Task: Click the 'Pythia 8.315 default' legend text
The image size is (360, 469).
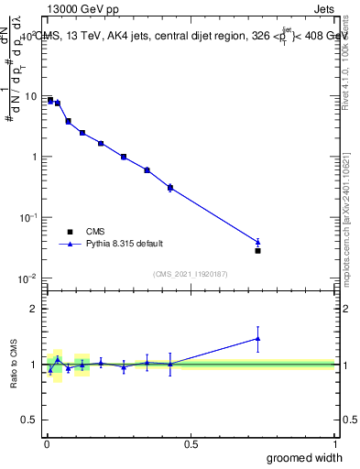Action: pyautogui.click(x=125, y=244)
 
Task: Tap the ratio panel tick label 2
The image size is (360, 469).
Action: pyautogui.click(x=35, y=309)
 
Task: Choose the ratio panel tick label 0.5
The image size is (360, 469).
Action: pyautogui.click(x=29, y=421)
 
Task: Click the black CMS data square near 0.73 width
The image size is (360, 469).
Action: pyautogui.click(x=257, y=250)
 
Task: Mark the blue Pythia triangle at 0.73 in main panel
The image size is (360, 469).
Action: pyautogui.click(x=257, y=242)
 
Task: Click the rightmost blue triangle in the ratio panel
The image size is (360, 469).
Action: pyautogui.click(x=257, y=338)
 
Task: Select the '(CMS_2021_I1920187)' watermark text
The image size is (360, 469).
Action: pyautogui.click(x=191, y=273)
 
